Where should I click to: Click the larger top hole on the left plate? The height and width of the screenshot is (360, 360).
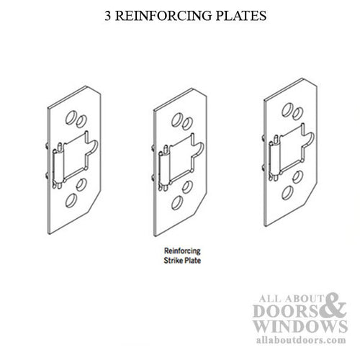pyautogui.click(x=71, y=115)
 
